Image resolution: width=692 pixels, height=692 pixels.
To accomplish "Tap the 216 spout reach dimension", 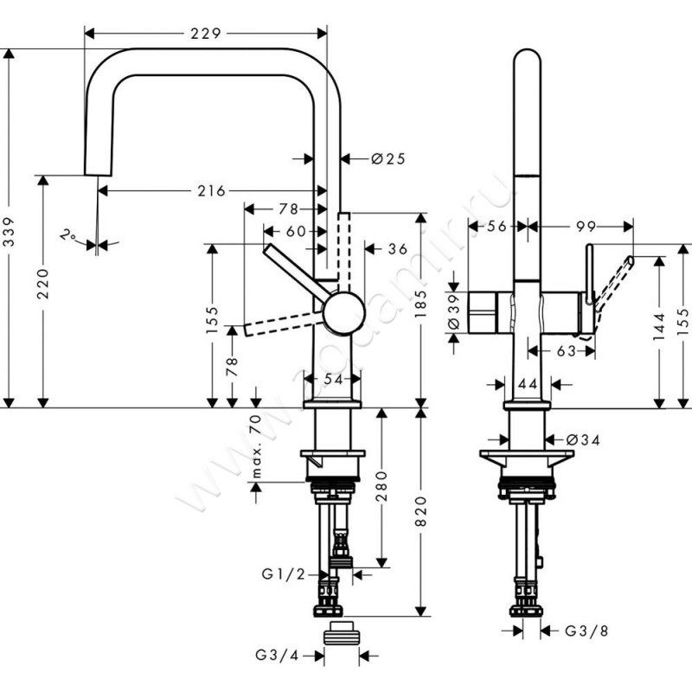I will click(208, 190).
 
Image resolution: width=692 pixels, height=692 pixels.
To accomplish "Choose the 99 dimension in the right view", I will click(586, 227).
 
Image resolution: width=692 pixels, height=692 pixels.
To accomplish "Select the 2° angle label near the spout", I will click(67, 234).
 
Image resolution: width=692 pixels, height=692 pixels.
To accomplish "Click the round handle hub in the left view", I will click(342, 310).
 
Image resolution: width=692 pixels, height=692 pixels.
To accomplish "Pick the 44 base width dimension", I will click(526, 383).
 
